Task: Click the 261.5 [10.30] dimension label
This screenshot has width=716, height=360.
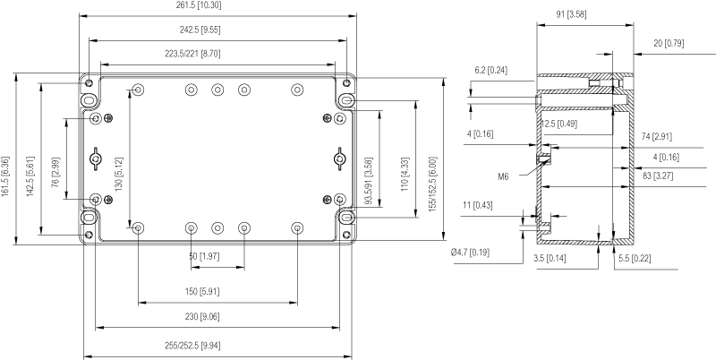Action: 217,6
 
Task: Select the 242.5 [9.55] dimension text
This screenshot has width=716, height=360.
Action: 217,30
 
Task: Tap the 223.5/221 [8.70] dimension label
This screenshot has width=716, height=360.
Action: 217,55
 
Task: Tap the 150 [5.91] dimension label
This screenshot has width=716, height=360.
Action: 217,292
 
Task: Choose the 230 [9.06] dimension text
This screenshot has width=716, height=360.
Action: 217,316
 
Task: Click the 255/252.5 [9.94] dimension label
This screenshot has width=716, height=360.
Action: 217,346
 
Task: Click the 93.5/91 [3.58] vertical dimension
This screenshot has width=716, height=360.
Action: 369,183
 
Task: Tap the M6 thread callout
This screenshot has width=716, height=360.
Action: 504,176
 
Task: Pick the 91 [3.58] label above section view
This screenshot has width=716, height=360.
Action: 578,14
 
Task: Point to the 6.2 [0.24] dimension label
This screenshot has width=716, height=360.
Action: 491,70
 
